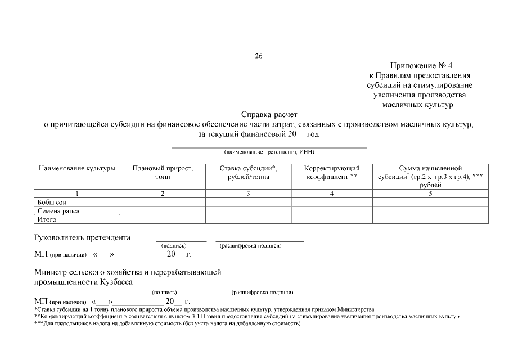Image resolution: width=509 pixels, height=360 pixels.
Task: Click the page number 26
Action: (259, 56)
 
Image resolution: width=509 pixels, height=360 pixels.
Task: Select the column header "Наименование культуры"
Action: (77, 168)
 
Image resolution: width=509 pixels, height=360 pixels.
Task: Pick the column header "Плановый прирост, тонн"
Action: (163, 172)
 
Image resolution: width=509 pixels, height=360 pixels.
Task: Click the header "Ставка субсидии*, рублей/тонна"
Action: (248, 172)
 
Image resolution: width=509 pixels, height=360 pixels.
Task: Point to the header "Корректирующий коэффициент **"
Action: (332, 172)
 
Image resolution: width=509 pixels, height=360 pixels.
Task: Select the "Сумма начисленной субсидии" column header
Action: (430, 176)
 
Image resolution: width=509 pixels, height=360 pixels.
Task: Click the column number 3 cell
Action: (248, 193)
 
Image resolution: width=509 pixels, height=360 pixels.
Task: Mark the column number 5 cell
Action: (430, 193)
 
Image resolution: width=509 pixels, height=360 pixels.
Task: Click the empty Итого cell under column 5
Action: (430, 219)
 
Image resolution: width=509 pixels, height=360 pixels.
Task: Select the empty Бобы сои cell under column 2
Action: (163, 202)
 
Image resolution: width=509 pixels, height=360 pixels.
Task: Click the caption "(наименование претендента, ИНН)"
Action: (269, 152)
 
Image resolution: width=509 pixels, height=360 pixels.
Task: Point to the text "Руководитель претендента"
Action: (83, 237)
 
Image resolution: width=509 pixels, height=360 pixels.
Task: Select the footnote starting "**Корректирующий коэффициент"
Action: (247, 317)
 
